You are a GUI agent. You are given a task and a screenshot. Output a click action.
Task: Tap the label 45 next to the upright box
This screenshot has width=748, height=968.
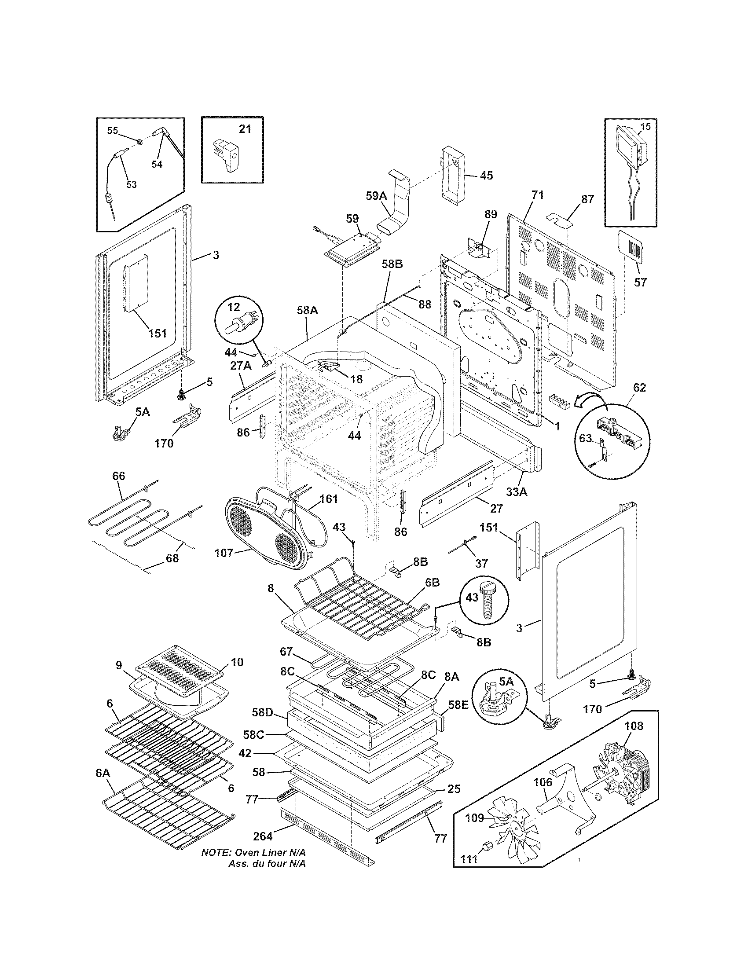(486, 176)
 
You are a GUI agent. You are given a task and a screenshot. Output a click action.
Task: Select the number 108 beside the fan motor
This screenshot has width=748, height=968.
(633, 726)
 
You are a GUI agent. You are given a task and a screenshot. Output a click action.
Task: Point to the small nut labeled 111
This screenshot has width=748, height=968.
(489, 854)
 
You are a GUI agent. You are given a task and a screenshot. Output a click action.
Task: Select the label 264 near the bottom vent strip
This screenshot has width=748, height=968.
(262, 836)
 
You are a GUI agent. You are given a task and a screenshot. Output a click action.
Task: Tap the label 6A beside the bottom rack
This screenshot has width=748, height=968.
(103, 773)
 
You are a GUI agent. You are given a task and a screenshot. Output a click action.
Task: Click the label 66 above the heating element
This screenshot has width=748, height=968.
(118, 476)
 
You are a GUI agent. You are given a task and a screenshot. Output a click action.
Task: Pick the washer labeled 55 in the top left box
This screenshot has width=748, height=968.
(139, 142)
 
